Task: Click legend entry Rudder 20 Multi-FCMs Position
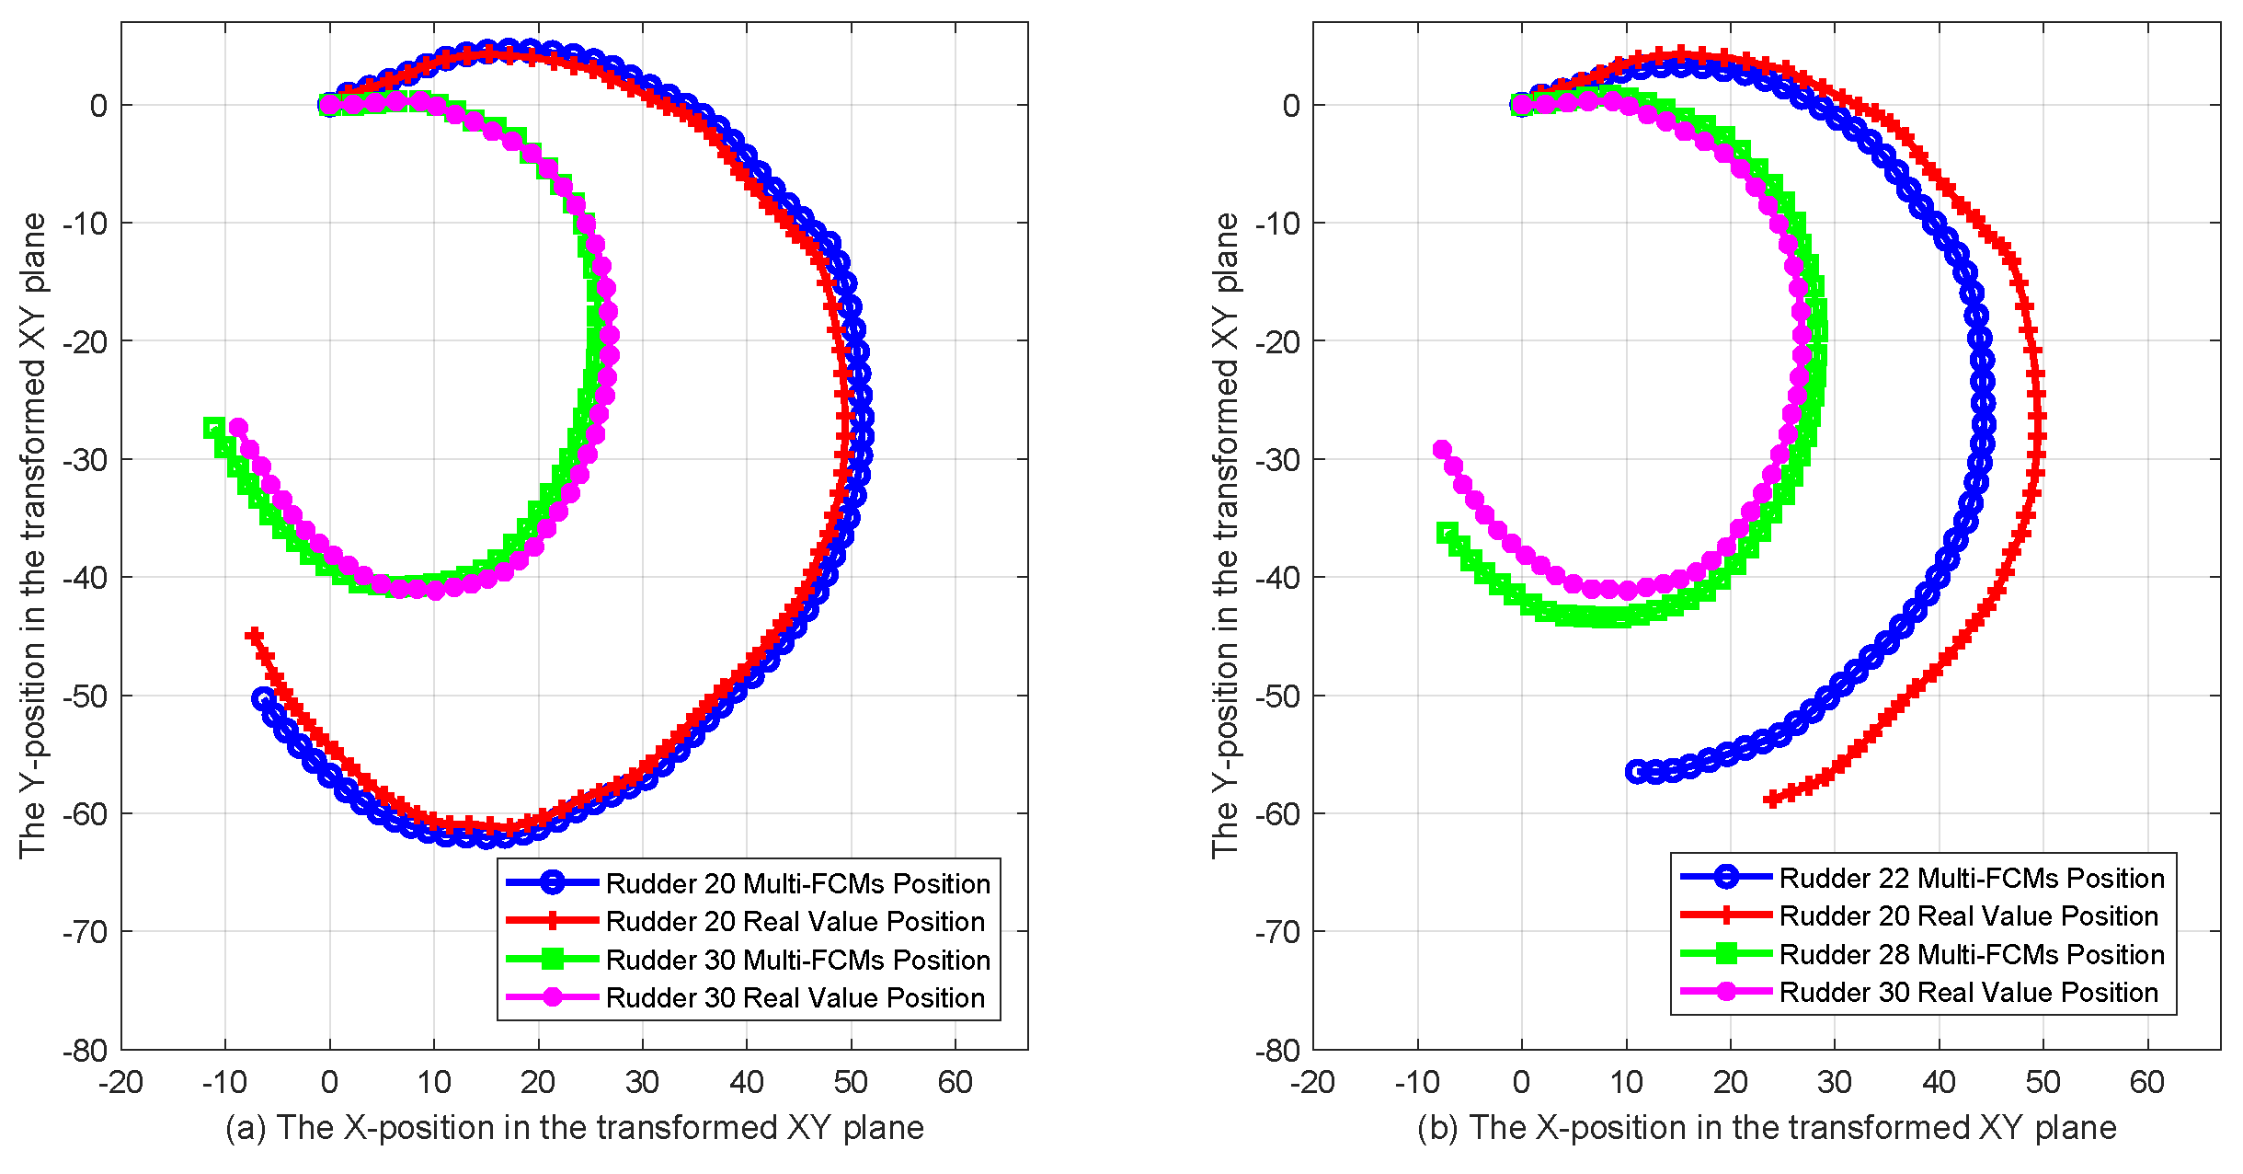(x=797, y=883)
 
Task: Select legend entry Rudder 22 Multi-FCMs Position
(x=1971, y=878)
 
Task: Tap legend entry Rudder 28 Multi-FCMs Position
(x=1971, y=954)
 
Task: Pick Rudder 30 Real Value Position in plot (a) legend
(x=795, y=997)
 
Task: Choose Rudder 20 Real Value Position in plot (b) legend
(x=1968, y=915)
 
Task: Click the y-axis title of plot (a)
(x=32, y=535)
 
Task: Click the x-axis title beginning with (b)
(x=1766, y=1127)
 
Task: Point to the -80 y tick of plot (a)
(x=85, y=1051)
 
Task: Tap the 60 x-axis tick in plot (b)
(x=2146, y=1082)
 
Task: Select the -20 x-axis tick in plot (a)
(x=120, y=1082)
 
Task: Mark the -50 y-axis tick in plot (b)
(x=1277, y=696)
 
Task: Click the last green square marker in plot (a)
(x=213, y=428)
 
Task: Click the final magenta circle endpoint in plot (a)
(x=238, y=427)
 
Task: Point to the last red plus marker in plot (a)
(x=254, y=636)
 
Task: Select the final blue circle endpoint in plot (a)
(x=263, y=698)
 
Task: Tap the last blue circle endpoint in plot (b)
(x=1636, y=771)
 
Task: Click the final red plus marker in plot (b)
(x=1772, y=799)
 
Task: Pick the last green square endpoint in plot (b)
(x=1447, y=533)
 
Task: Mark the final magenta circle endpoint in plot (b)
(x=1442, y=449)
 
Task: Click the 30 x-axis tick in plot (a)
(x=642, y=1082)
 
